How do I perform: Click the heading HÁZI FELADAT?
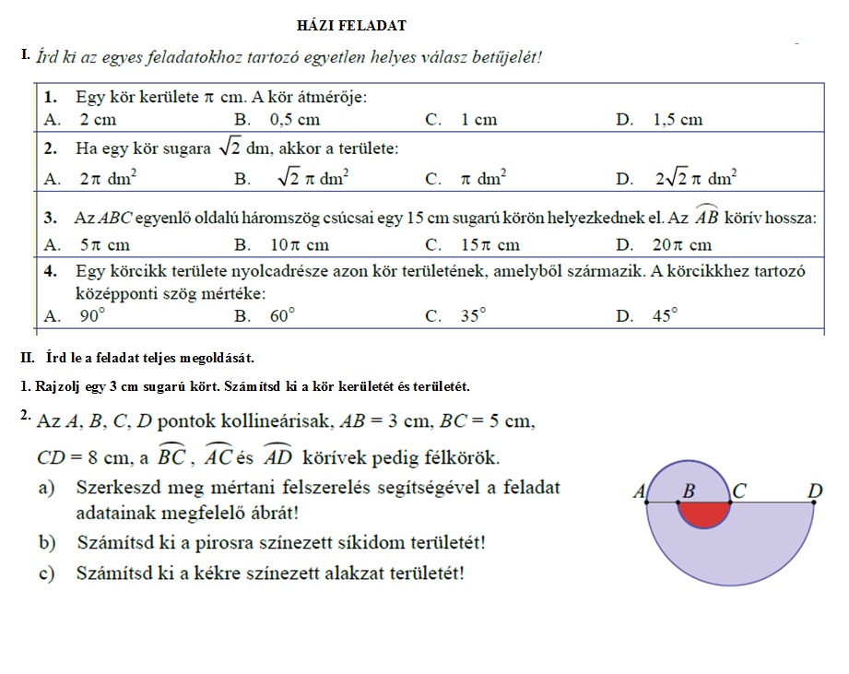[352, 26]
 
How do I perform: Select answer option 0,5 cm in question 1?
[294, 120]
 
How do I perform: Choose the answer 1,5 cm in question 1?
[677, 120]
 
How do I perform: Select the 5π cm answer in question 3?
[104, 245]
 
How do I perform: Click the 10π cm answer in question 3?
[300, 245]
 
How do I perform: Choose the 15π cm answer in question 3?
[490, 245]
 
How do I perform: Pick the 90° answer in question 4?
[93, 316]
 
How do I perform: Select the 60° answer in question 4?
[283, 316]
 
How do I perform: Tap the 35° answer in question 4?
[474, 316]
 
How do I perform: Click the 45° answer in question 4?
[665, 316]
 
